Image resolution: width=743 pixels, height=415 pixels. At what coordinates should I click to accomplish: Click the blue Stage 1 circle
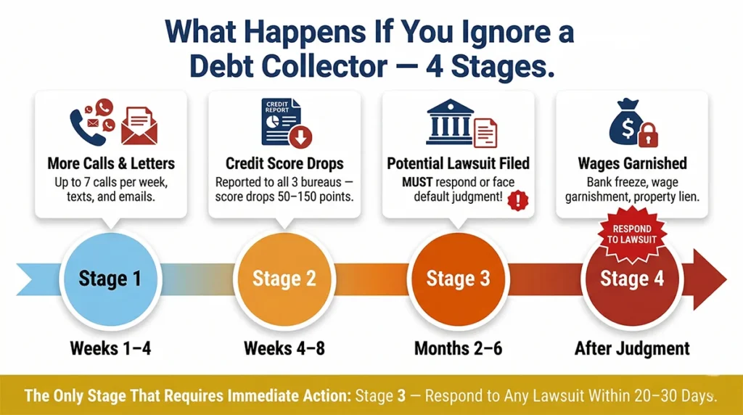[x=110, y=279]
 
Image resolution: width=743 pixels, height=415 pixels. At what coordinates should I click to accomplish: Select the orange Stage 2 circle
[x=284, y=279]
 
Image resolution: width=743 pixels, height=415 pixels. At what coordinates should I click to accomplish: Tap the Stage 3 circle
[x=458, y=279]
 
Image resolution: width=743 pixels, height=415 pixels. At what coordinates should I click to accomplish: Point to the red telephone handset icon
[x=81, y=123]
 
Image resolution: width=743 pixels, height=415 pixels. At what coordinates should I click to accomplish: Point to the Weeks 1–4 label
[x=110, y=348]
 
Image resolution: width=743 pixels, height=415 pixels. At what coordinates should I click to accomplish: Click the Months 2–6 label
[x=458, y=348]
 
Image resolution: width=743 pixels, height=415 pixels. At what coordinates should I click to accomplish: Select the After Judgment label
[x=631, y=348]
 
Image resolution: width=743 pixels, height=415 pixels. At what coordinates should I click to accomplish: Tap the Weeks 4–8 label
[x=284, y=348]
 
